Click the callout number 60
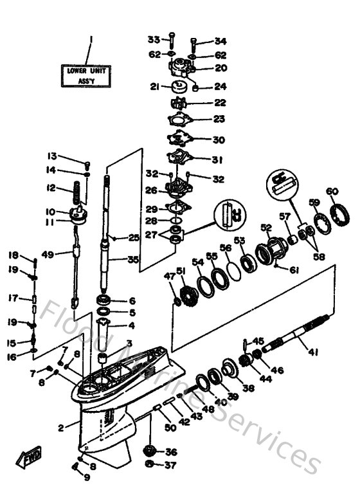coord(332,191)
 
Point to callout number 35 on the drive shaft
coord(133,260)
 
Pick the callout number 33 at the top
coord(154,40)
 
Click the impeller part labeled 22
coord(178,103)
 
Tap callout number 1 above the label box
coord(91,39)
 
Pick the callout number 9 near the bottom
coord(87,478)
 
